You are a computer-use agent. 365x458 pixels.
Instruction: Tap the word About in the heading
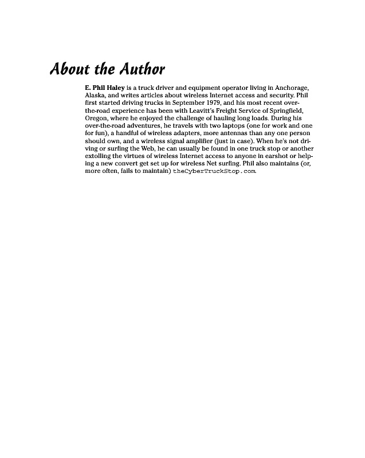pyautogui.click(x=70, y=69)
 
